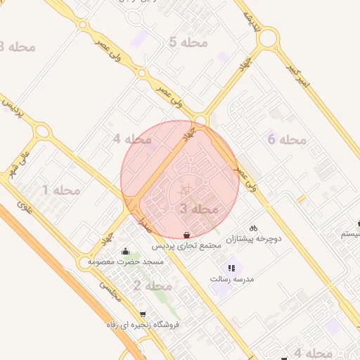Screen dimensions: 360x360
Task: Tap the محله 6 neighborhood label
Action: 288,139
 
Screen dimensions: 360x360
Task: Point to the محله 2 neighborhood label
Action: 152,286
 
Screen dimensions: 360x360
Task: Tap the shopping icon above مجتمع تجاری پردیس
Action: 186,235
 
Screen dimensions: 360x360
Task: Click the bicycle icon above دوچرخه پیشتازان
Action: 253,228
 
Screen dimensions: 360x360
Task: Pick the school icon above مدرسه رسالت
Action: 231,268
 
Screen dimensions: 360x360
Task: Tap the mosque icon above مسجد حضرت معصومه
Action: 126,251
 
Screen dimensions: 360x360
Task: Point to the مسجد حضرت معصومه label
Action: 126,262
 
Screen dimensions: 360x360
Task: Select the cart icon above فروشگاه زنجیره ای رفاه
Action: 143,314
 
